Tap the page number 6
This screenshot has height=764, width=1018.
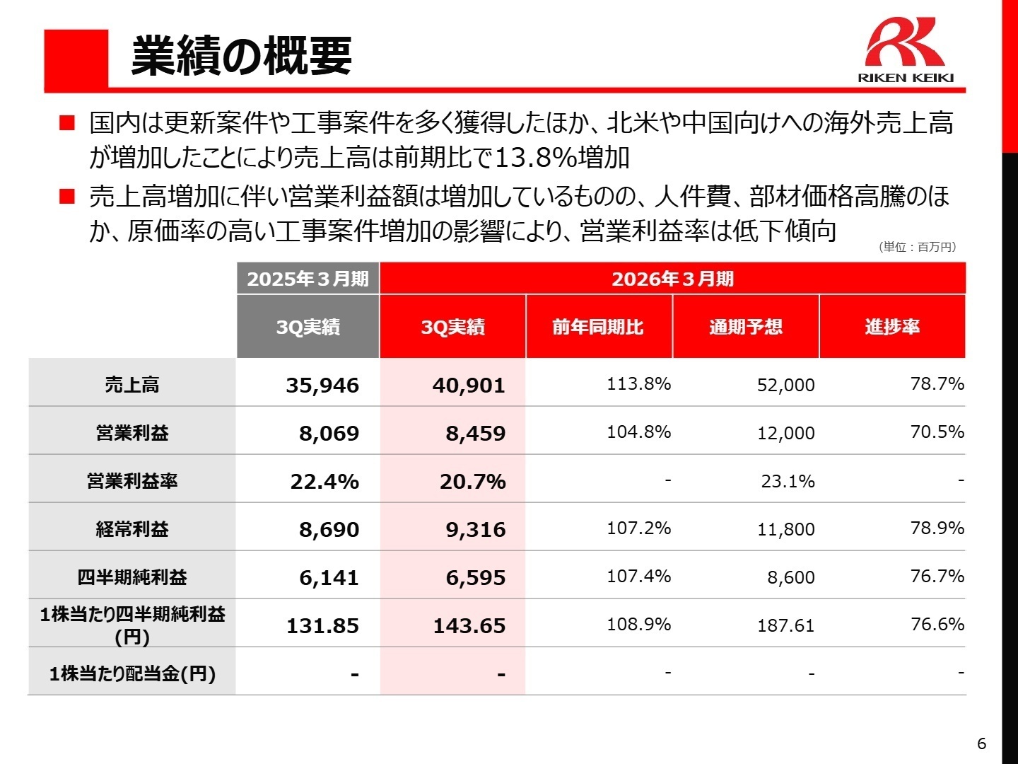click(981, 743)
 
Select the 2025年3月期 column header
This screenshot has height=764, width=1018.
click(308, 279)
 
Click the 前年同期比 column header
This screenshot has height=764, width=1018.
click(598, 327)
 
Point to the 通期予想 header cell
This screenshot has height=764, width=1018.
click(746, 327)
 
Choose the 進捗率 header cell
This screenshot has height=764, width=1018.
click(892, 327)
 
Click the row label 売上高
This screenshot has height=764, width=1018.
click(132, 385)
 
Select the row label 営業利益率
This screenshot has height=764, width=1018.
click(132, 481)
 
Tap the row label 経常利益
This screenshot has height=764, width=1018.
click(132, 529)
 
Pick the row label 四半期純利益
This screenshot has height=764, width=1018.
click(132, 577)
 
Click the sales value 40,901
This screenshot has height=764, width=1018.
click(469, 386)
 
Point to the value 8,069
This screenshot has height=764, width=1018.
click(329, 434)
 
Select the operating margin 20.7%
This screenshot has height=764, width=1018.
click(472, 482)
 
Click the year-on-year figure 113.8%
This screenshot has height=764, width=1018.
click(638, 384)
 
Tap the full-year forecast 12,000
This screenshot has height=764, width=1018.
click(785, 434)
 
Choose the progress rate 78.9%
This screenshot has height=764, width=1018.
click(937, 528)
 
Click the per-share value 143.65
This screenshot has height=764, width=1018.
click(469, 626)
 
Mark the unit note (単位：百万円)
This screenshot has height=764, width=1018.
click(918, 247)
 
